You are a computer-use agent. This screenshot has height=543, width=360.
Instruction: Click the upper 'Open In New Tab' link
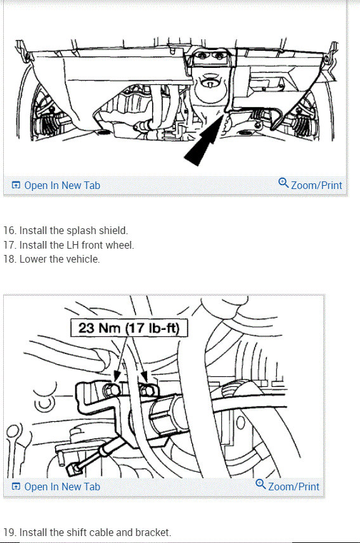[61, 185]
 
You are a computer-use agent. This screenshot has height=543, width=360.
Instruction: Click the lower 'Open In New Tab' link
[61, 487]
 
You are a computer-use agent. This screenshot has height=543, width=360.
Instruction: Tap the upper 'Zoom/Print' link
[316, 185]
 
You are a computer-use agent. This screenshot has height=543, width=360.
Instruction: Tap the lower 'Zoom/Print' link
[293, 487]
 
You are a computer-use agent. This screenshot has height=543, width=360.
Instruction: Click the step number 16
[9, 230]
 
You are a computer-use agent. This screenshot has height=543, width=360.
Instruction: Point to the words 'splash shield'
[101, 230]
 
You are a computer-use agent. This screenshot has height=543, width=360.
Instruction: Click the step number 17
[9, 245]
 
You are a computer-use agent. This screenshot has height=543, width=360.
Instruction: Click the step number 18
[9, 259]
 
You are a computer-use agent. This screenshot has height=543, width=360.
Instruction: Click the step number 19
[9, 532]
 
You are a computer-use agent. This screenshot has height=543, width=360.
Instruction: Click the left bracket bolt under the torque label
[113, 388]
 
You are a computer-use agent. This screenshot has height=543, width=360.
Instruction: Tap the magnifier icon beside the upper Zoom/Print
[283, 183]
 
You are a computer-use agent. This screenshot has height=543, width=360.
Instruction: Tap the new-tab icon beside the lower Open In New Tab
[16, 487]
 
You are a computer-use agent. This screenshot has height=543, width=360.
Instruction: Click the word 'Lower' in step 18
[32, 259]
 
